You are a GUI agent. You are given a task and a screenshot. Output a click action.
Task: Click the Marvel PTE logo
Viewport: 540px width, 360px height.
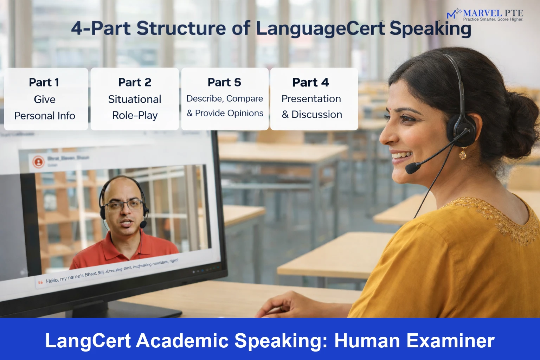click(485, 15)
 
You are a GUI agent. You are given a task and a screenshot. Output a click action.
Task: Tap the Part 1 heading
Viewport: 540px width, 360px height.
click(44, 82)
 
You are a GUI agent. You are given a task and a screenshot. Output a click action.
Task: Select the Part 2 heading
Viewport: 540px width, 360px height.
click(135, 82)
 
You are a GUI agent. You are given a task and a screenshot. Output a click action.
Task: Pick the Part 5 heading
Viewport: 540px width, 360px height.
click(224, 82)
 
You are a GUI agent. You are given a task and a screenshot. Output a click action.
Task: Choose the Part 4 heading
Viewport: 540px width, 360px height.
click(310, 82)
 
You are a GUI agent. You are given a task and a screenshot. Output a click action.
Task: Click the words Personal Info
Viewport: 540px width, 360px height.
click(45, 116)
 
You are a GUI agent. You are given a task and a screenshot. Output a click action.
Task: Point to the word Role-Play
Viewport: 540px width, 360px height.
click(135, 115)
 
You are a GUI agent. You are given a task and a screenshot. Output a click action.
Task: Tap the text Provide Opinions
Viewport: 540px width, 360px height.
click(229, 113)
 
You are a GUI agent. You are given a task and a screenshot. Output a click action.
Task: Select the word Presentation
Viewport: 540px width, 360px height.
click(311, 99)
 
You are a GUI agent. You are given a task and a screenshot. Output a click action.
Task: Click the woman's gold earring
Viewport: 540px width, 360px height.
click(463, 154)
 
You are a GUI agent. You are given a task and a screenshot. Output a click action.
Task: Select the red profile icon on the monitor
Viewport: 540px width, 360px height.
click(38, 162)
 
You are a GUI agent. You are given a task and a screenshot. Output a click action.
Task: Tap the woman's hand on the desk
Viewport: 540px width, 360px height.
click(281, 306)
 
